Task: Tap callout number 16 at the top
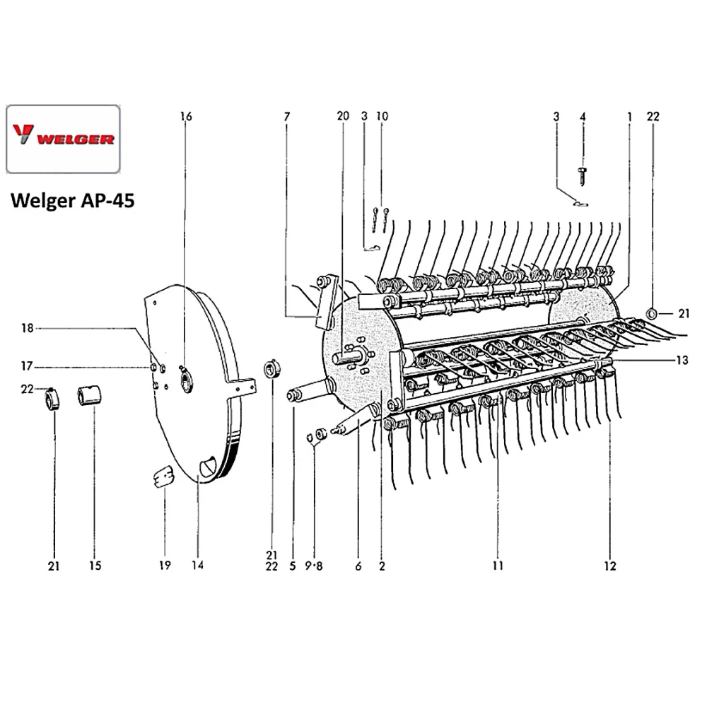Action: point(186,115)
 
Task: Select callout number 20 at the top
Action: point(343,115)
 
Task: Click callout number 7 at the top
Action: point(287,115)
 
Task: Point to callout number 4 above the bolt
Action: point(583,115)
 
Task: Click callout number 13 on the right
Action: point(682,360)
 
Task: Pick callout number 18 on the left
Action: point(27,328)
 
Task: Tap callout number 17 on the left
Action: point(27,366)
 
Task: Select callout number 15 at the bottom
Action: point(95,566)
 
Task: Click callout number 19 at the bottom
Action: point(164,566)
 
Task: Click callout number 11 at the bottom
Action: point(498,566)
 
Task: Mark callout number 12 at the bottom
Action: point(610,566)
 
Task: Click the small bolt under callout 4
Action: point(583,173)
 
